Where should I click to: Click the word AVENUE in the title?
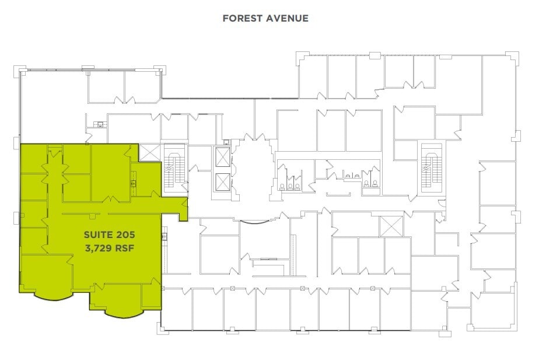click(x=288, y=19)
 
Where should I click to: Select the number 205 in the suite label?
click(x=127, y=235)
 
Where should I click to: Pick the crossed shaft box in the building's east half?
click(x=391, y=226)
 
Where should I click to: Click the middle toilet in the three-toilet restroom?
click(x=290, y=186)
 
